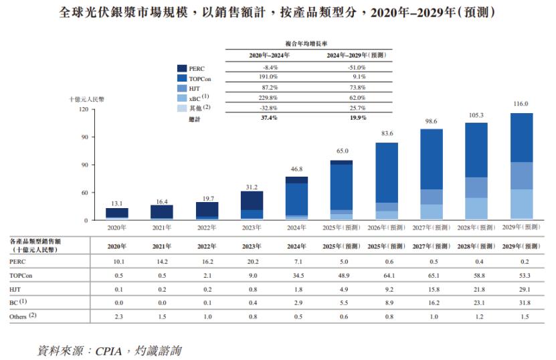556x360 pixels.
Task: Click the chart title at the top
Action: [277, 13]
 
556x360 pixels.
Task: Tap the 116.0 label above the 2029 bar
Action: [521, 104]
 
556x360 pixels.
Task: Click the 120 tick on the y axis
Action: [84, 109]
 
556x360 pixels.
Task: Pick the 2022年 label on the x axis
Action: [207, 228]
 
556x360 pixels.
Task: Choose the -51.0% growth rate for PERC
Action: [357, 68]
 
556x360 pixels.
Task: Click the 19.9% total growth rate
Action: [357, 118]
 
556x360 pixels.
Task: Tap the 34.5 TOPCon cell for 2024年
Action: [296, 275]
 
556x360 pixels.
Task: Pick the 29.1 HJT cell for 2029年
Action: [521, 289]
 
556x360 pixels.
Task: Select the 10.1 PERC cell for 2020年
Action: [116, 261]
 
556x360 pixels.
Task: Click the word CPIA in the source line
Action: [111, 350]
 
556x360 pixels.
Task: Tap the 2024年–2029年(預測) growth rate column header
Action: [357, 56]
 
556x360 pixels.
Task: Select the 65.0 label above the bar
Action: [341, 152]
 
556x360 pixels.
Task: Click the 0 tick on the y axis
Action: [86, 220]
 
